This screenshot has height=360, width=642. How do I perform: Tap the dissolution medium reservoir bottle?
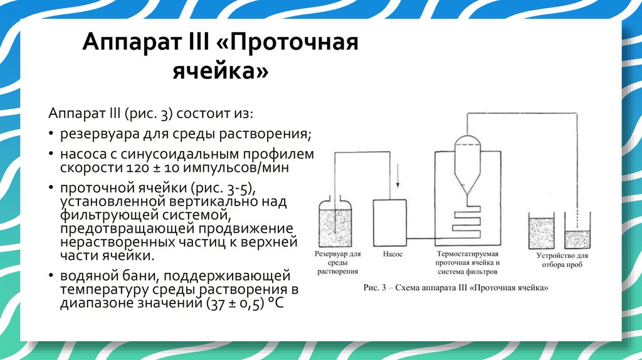point(337,225)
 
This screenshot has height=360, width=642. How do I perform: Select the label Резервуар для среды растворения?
point(337,263)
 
